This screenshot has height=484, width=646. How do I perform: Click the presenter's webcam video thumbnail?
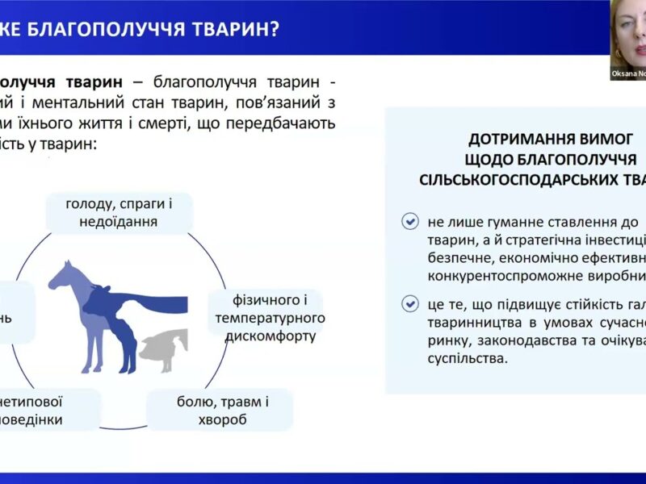click(627, 36)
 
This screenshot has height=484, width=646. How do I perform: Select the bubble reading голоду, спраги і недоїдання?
click(119, 212)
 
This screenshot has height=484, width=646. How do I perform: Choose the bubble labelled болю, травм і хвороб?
click(219, 410)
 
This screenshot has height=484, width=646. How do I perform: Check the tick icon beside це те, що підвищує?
click(410, 304)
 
